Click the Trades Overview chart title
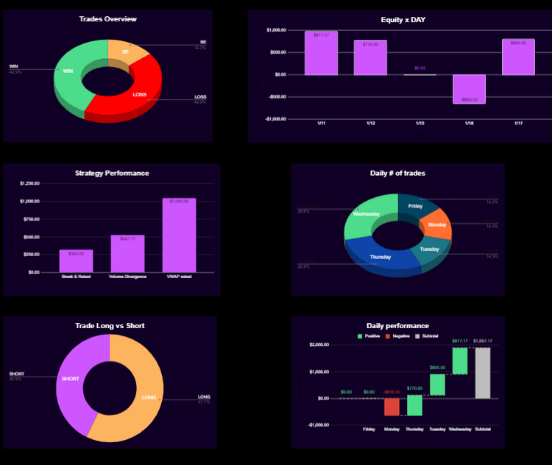[107, 19]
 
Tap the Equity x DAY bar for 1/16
[469, 88]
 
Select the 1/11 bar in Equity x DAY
[321, 53]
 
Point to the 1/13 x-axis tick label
[420, 123]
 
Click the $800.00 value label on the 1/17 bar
[518, 43]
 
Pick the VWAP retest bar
[179, 235]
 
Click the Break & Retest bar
[77, 260]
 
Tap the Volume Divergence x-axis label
[127, 277]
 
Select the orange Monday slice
[436, 224]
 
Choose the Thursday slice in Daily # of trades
[381, 257]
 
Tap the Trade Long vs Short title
[110, 325]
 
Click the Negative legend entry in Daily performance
[398, 336]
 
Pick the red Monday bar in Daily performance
[392, 406]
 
